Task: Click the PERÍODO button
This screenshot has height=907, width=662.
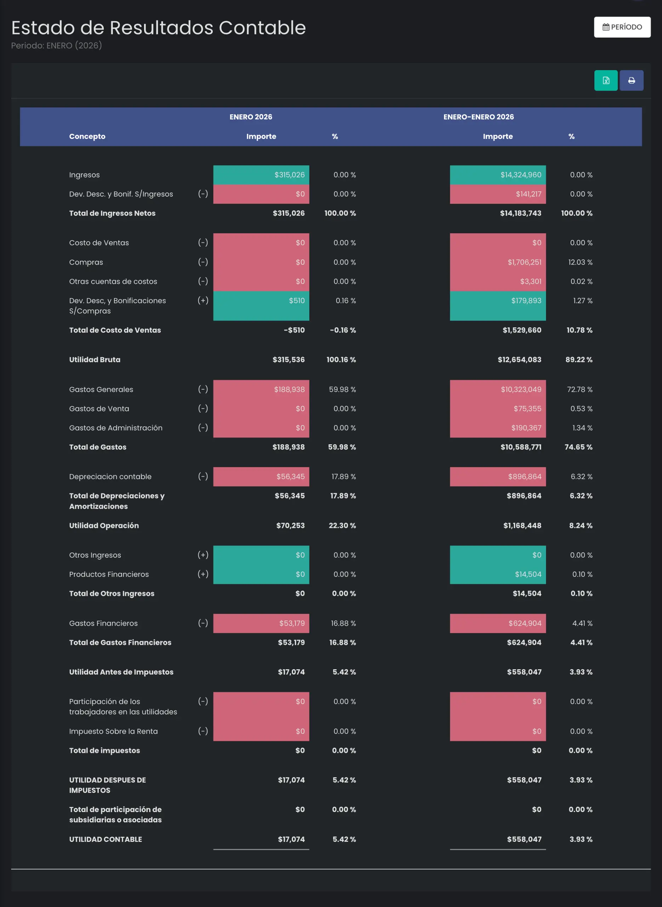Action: click(622, 27)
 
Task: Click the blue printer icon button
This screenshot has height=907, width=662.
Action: click(632, 80)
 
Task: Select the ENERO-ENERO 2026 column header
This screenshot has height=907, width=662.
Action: click(479, 117)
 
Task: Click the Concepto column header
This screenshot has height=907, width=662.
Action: click(87, 136)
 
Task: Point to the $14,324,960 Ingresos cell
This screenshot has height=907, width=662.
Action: click(498, 175)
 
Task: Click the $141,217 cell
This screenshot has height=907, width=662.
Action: click(498, 194)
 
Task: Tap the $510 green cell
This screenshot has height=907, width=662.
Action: click(261, 305)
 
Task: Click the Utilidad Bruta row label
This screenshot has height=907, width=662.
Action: click(95, 360)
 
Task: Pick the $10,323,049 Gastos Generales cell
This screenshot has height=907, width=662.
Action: click(498, 389)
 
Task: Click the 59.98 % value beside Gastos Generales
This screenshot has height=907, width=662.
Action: click(342, 389)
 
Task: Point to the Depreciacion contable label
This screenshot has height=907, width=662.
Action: click(110, 477)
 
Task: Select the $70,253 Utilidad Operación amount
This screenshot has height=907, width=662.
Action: click(290, 525)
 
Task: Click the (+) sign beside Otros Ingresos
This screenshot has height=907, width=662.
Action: click(203, 555)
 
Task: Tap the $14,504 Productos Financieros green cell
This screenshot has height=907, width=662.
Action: click(498, 574)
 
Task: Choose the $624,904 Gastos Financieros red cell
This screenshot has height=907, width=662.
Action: click(498, 623)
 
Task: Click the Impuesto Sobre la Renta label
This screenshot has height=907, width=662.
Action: click(113, 731)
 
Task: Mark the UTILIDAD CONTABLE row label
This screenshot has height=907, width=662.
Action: click(105, 839)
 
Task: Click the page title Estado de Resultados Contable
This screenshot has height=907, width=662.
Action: click(158, 28)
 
